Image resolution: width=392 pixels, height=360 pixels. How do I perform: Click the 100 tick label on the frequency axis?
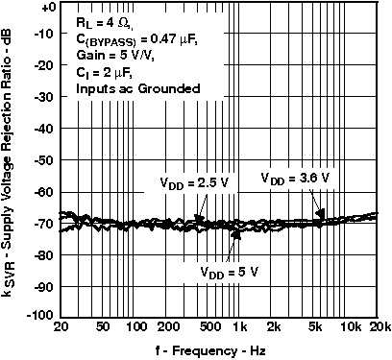pos(135,327)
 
